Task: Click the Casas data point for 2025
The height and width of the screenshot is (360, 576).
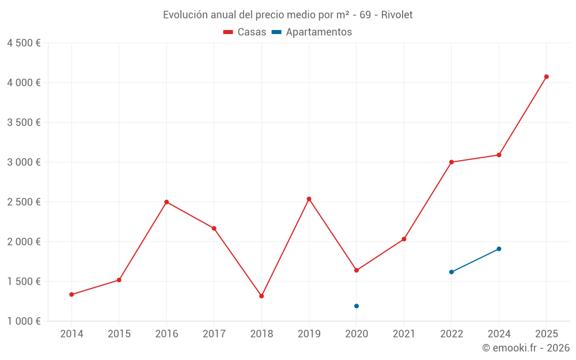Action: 547,77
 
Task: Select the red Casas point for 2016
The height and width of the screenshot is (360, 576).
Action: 166,202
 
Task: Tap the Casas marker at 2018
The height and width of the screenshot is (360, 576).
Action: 262,296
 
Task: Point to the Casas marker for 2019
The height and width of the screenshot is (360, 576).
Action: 309,199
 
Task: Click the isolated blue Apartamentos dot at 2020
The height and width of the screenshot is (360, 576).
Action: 357,306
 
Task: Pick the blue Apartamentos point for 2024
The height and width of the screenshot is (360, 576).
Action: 499,249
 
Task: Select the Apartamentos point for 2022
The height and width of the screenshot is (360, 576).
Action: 452,272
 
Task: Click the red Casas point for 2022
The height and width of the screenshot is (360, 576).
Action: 452,162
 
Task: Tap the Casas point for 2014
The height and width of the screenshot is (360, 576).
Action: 71,294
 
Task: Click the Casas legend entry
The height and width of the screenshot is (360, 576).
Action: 245,32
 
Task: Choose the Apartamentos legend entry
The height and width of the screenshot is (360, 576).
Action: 312,32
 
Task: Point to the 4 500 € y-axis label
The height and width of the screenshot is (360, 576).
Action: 24,43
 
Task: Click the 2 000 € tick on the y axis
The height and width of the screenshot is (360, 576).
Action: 24,241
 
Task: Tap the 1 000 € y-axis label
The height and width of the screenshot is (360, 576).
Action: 24,321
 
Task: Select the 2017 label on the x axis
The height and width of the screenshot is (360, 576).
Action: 214,334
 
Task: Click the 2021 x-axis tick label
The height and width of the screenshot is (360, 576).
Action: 404,334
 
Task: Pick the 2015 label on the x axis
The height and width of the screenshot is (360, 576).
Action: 119,334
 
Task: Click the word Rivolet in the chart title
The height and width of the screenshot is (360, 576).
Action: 397,15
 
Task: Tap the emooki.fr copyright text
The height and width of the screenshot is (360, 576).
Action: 526,348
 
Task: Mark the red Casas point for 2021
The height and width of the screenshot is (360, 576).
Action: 404,239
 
